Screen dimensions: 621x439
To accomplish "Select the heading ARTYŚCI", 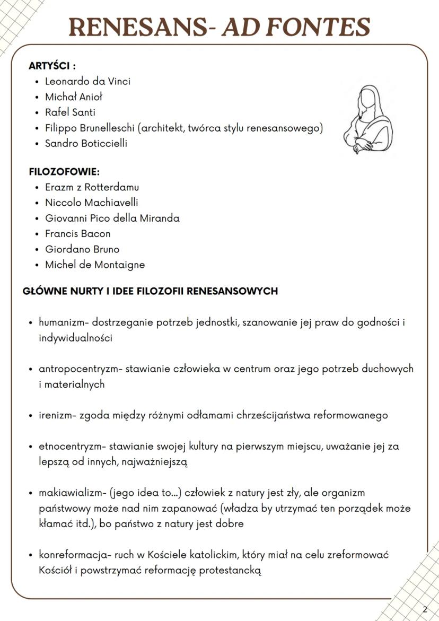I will pos(52,66).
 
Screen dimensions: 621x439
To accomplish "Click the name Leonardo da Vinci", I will pos(87,82).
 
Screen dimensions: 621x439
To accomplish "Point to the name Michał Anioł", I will pos(74,97).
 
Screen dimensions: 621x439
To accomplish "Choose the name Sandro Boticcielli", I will pos(86,143).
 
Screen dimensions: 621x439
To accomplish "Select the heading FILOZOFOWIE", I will pos(64,172).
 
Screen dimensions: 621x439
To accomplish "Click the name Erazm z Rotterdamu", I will pos(92,187).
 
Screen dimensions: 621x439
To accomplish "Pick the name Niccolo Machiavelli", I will pos(91,203).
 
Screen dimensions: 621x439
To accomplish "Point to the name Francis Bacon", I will pos(77,233).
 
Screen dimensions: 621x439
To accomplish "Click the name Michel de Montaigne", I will pos(94,265).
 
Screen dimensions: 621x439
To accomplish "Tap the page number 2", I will pos(425,609).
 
